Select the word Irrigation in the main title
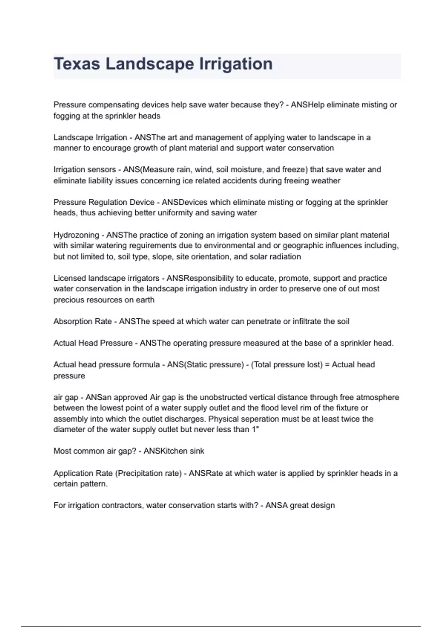click(x=236, y=64)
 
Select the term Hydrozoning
click(x=76, y=235)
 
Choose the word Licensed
click(x=70, y=278)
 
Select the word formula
click(x=146, y=365)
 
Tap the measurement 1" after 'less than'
click(x=256, y=430)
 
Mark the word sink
click(x=197, y=451)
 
